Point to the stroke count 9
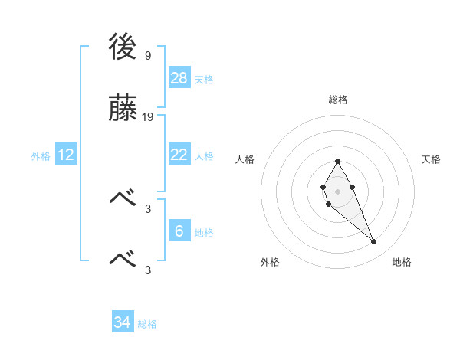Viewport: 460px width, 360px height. point(147,56)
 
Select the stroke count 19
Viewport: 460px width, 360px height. point(148,117)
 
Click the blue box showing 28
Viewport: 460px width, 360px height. point(179,77)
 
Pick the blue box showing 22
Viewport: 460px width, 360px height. point(179,155)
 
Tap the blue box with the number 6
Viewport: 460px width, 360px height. point(179,231)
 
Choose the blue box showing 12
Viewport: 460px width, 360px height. point(66,155)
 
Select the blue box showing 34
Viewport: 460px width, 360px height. point(123,322)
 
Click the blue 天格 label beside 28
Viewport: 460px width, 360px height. point(204,79)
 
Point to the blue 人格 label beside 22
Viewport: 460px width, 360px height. point(204,155)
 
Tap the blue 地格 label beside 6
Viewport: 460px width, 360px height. point(204,232)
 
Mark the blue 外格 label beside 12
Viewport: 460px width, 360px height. point(41,155)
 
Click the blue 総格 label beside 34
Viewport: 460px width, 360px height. point(147,324)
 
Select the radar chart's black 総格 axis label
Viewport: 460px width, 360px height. point(337,100)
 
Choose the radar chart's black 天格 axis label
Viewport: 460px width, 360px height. point(431,159)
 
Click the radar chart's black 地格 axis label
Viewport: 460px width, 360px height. point(402,262)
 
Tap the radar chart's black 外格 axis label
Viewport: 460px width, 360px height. point(270,262)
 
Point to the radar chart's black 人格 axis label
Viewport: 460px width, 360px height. point(245,159)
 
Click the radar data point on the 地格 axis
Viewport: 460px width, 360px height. point(373,242)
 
